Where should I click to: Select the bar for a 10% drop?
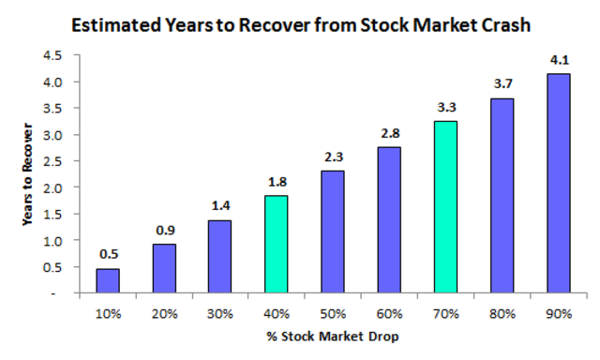pyautogui.click(x=109, y=280)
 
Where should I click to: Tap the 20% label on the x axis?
pyautogui.click(x=164, y=313)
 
